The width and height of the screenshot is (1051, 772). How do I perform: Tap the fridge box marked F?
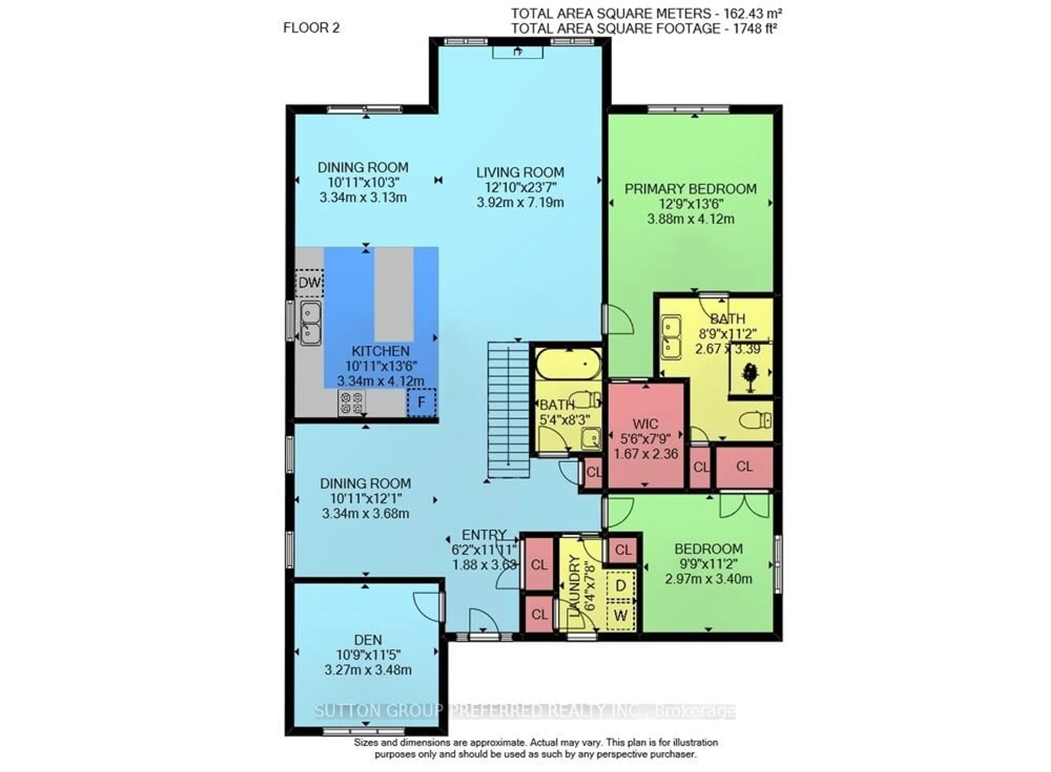click(421, 402)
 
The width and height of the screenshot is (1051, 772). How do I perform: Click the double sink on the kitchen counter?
click(310, 323)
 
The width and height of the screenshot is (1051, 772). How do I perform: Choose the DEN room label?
click(368, 640)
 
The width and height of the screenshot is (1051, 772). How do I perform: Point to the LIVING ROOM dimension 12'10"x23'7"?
click(520, 187)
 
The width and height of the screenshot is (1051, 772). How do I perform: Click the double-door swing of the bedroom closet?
click(744, 506)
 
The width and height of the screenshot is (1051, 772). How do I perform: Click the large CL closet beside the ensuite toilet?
click(744, 466)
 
